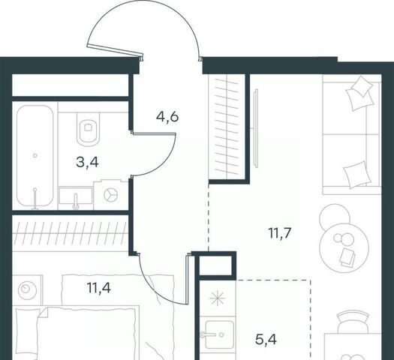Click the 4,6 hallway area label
(167, 117)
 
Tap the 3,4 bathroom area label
(87, 163)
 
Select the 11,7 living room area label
(280, 233)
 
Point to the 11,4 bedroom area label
(99, 287)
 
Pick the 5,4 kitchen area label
(266, 340)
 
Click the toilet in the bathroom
(88, 129)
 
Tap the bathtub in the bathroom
(35, 156)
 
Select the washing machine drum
(111, 195)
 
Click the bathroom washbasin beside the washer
(75, 196)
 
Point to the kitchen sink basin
(219, 334)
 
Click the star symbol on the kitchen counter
(218, 298)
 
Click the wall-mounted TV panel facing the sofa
(256, 128)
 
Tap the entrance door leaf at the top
(115, 49)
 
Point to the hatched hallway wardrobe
(227, 127)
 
